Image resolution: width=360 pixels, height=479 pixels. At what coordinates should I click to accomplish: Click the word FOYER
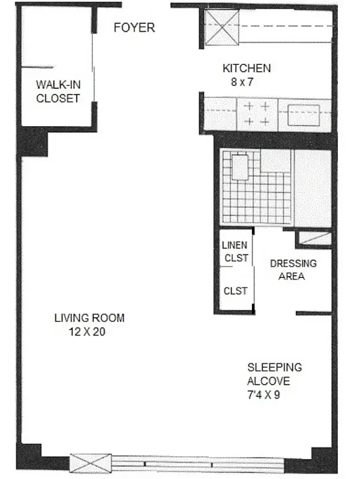[134, 28]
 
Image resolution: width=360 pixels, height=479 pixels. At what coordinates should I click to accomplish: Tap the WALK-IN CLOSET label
[58, 91]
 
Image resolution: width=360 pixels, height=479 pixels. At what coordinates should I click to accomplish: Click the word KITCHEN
[247, 68]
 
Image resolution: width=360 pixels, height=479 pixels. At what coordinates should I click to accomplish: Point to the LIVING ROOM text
[89, 318]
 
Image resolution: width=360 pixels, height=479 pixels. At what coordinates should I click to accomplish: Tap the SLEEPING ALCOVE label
[275, 374]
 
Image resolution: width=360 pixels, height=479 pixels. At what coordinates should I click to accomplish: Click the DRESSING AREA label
[293, 270]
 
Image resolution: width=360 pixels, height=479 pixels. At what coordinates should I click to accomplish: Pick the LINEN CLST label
[235, 252]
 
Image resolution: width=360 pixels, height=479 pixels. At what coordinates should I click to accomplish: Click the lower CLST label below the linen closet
[235, 291]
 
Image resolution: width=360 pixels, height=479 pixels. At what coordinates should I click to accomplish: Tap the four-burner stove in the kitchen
[256, 113]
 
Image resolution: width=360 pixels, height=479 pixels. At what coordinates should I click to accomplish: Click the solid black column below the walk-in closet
[32, 142]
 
